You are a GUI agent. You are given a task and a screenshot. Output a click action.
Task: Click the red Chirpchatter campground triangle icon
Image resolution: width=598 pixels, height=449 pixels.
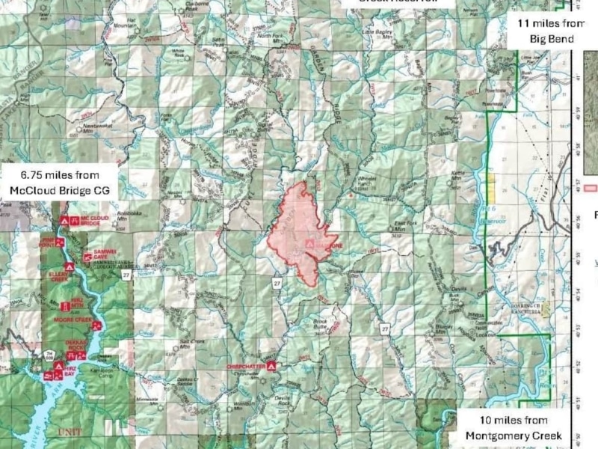[272, 366]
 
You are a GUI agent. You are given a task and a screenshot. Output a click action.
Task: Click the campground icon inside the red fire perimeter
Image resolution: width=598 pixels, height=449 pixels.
[308, 245]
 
